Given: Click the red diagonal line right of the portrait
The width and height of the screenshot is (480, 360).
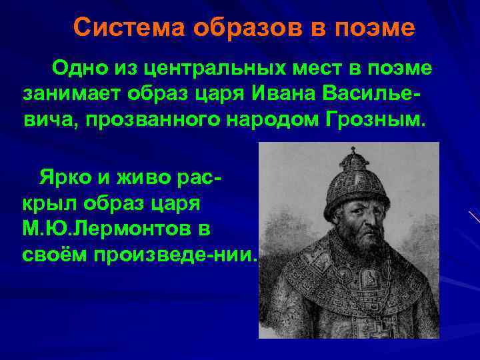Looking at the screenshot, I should [x=473, y=216].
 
